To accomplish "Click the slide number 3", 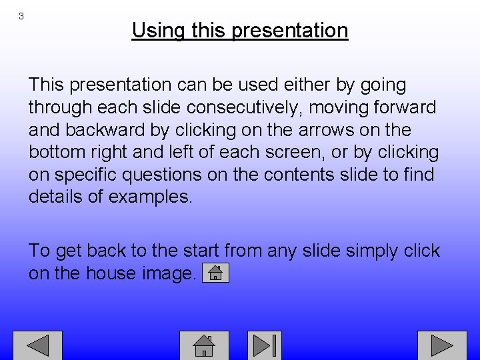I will [x=21, y=16].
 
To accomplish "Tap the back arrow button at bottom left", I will [x=38, y=345].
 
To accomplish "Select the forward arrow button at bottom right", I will [x=442, y=345].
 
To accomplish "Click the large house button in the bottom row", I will [x=204, y=345].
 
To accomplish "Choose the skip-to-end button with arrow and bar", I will [x=265, y=345].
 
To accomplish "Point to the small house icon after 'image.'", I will [x=215, y=273].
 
